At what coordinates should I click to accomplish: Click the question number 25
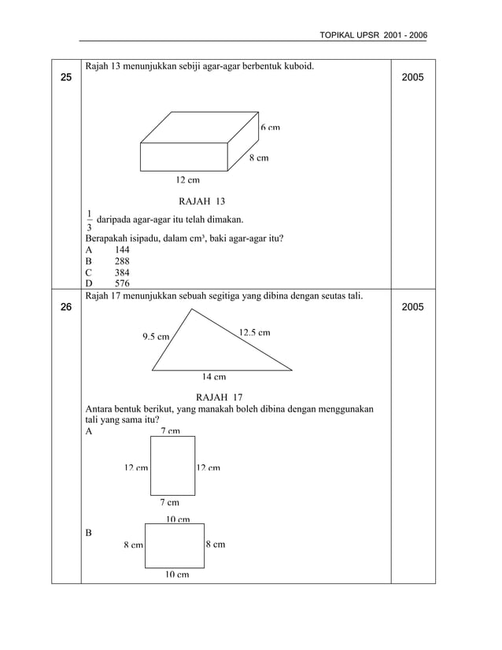click(65, 78)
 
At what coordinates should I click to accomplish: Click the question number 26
click(65, 307)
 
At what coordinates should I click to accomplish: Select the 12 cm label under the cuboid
click(187, 180)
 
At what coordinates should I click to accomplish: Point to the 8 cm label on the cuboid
click(259, 158)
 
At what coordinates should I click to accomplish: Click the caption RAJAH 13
click(202, 201)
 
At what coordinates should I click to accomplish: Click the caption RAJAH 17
click(220, 397)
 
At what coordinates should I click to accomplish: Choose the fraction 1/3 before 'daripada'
click(89, 220)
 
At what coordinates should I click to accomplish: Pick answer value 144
click(122, 249)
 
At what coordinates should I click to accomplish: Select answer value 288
click(122, 260)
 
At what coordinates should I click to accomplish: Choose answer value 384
click(122, 272)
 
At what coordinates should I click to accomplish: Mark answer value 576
click(122, 283)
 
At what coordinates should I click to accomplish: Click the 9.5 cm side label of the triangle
click(156, 337)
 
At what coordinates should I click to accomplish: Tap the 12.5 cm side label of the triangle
click(254, 332)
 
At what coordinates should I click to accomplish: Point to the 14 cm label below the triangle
click(214, 376)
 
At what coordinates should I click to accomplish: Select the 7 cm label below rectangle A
click(169, 502)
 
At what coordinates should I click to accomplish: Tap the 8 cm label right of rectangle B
click(215, 545)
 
